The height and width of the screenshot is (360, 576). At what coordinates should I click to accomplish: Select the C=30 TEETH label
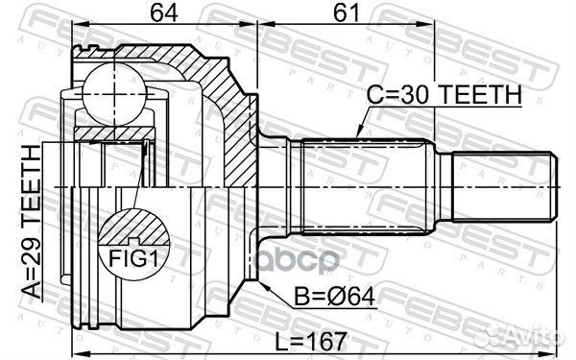(x=444, y=94)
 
